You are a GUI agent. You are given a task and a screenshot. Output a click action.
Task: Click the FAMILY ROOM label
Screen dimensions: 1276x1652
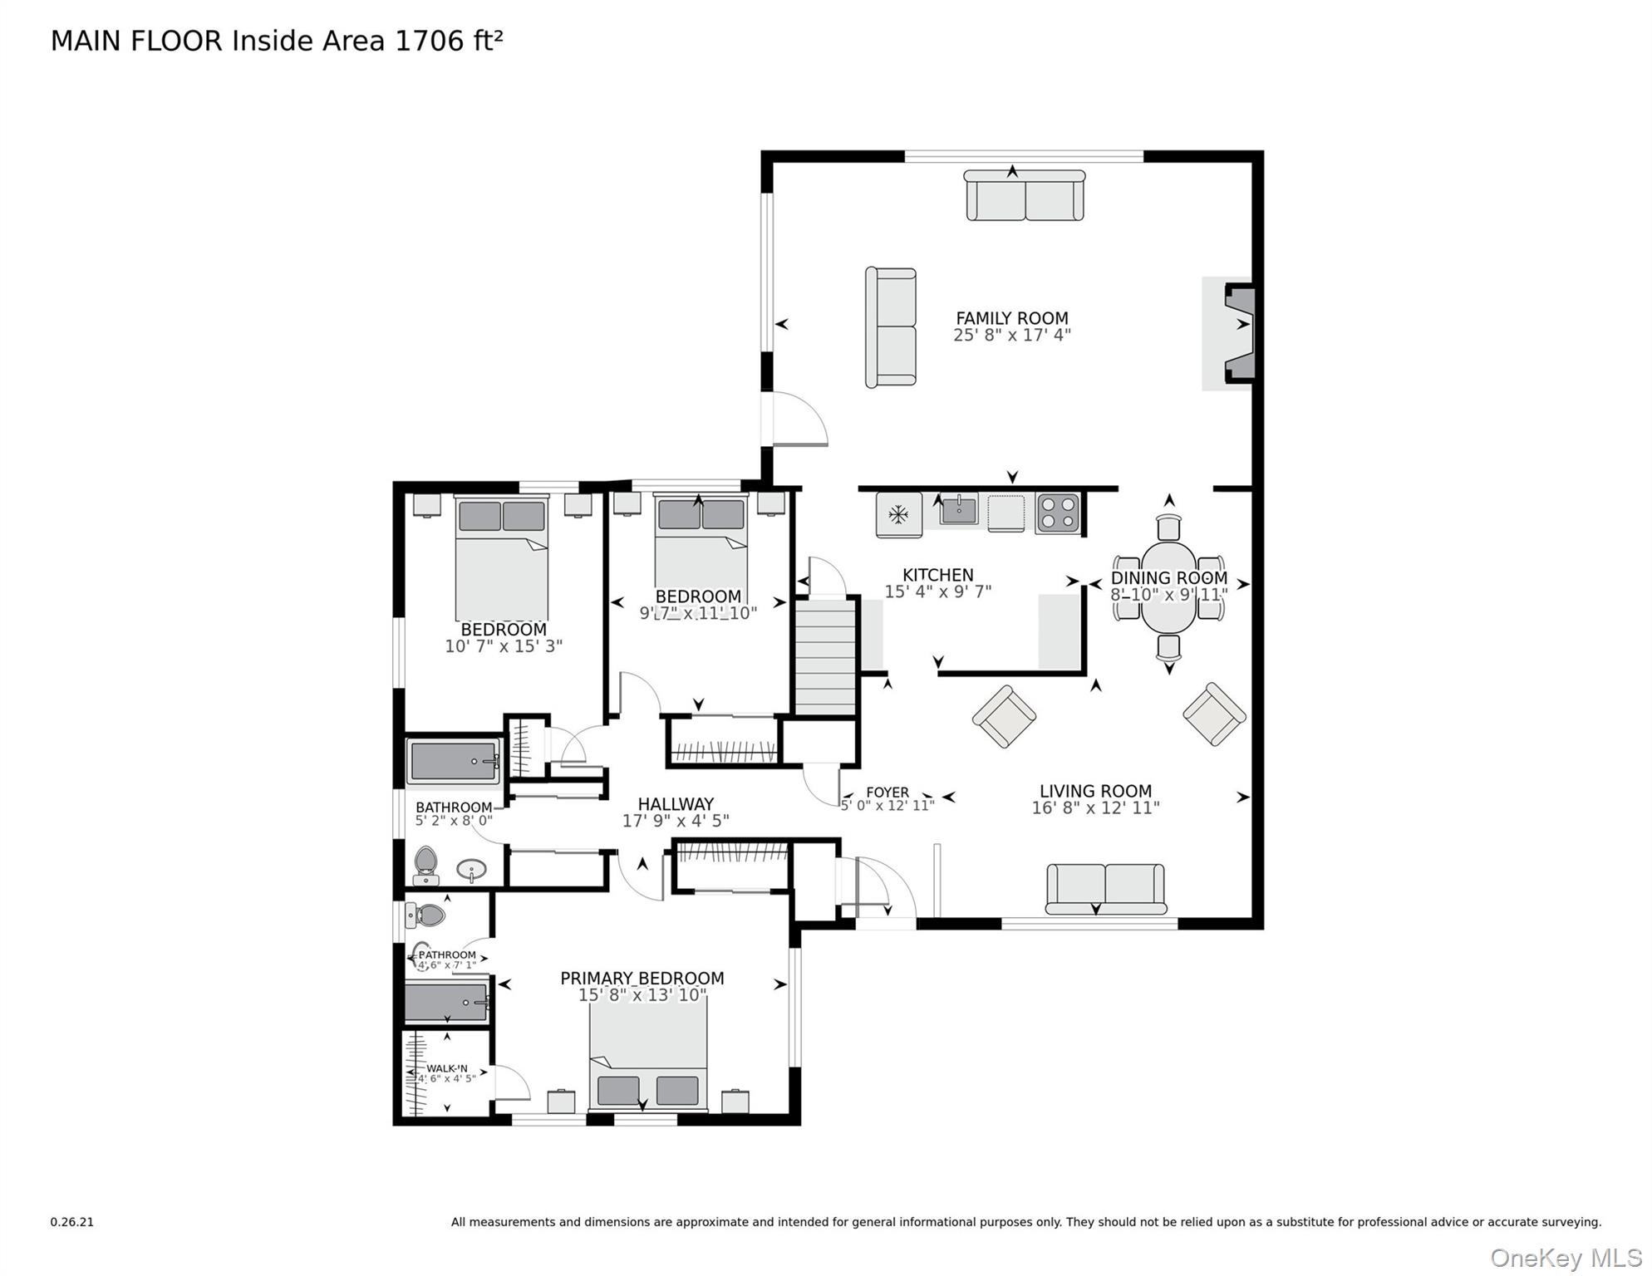point(1011,318)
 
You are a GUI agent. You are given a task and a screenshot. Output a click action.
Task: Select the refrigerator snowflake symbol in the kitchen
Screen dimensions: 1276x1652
point(897,515)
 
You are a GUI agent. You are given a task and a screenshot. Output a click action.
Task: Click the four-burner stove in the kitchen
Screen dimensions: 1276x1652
point(1058,513)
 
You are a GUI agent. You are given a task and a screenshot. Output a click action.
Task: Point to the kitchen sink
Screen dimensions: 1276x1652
point(959,509)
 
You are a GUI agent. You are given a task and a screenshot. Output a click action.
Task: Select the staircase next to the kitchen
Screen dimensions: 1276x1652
point(825,657)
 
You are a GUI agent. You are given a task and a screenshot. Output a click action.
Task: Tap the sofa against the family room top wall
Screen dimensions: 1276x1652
point(1024,196)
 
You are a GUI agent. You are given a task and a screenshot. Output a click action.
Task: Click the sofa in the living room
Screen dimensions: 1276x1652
point(1105,888)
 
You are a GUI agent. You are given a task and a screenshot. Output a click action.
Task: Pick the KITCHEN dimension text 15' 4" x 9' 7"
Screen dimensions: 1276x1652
point(937,591)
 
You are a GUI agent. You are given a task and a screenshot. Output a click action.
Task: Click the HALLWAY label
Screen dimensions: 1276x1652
point(676,804)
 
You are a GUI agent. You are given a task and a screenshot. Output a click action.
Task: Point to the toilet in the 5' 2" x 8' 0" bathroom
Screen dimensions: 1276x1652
point(425,865)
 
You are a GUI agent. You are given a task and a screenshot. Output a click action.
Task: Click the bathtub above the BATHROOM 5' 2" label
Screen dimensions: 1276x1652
point(454,761)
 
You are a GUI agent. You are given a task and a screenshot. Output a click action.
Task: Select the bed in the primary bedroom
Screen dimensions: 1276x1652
point(648,1055)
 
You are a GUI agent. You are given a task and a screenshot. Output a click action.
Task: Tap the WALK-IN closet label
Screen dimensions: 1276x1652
point(447,1069)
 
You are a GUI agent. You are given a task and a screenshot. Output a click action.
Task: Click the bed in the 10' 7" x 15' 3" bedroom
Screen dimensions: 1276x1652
point(501,557)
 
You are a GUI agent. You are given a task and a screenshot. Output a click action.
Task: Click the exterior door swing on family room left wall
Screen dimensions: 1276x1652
point(798,420)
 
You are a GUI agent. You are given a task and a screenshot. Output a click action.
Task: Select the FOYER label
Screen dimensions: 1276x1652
point(887,792)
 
